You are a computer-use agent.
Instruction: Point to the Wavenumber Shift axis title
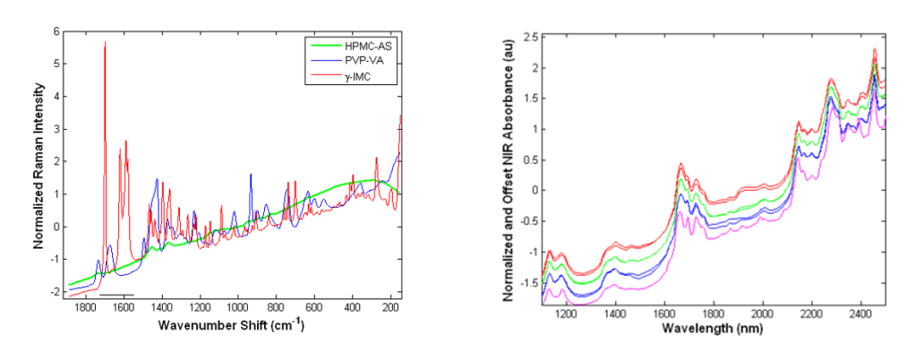coord(231,324)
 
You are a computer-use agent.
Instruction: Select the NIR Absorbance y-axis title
coord(507,170)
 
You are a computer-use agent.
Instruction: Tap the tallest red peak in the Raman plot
coord(105,43)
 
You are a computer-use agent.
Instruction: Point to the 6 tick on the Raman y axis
coord(56,31)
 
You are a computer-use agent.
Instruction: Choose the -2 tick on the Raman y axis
coord(55,292)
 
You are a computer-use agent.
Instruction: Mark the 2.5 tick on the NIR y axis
coord(529,37)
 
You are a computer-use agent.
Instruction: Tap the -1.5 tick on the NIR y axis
coord(527,282)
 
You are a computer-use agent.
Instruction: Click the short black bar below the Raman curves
coord(116,294)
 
